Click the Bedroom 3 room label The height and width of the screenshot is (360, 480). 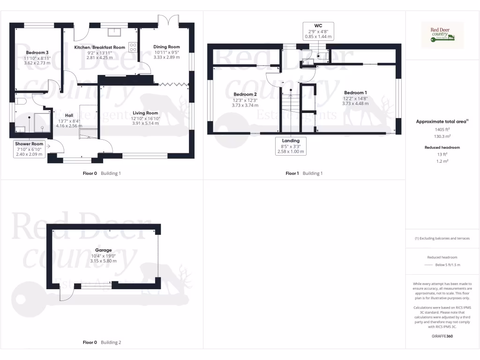[37, 52]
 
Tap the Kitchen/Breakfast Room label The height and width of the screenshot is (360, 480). [100, 47]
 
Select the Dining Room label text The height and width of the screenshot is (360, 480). [166, 47]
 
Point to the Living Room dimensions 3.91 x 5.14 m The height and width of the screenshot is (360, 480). [145, 124]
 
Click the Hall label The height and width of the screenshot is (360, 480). [69, 115]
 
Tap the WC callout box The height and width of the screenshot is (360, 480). [318, 30]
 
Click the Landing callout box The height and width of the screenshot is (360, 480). [291, 146]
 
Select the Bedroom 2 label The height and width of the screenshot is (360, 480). [245, 94]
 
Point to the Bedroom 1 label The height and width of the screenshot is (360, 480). [356, 92]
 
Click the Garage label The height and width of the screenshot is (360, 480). [103, 250]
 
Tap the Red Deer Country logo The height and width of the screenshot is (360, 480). [442, 35]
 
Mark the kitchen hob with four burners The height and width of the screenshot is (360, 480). [133, 47]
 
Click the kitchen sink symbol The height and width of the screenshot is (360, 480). [114, 32]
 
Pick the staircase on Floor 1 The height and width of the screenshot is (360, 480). [290, 112]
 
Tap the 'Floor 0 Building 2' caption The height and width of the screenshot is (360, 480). [102, 342]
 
